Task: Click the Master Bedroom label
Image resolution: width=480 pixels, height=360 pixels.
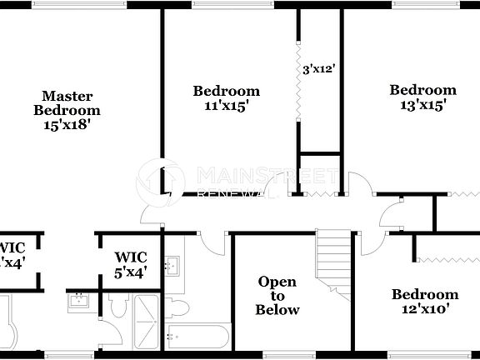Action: (x=67, y=102)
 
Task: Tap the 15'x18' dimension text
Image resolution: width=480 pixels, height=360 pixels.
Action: (x=67, y=124)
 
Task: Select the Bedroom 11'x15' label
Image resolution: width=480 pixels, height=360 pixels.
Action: (x=226, y=98)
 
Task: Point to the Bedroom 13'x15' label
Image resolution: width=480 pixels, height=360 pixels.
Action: (x=422, y=97)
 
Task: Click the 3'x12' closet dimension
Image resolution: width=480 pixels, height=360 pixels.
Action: (x=318, y=70)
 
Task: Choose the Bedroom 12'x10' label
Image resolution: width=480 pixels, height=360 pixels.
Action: (x=425, y=301)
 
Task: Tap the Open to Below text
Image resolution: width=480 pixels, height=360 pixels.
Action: (x=277, y=296)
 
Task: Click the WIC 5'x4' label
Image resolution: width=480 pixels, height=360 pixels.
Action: (x=131, y=263)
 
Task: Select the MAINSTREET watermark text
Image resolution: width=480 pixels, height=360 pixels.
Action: (x=267, y=176)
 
